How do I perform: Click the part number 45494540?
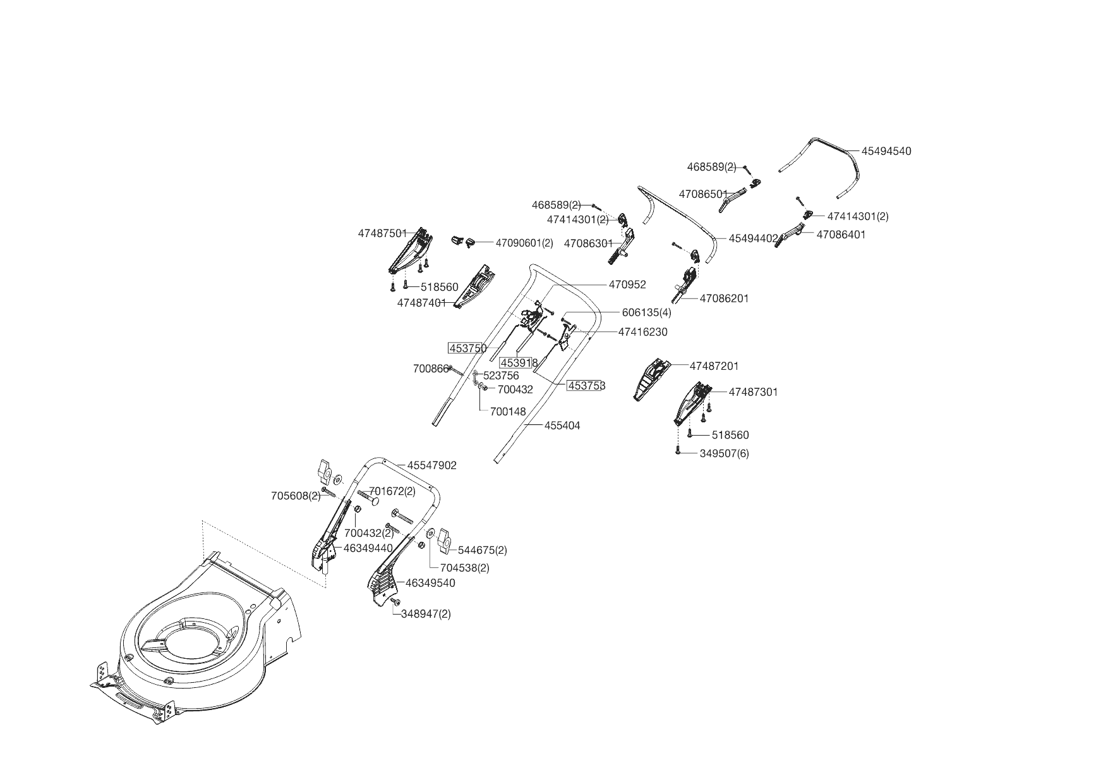coord(886,151)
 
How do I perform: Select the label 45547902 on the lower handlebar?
coord(431,465)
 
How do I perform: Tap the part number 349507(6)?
coord(724,453)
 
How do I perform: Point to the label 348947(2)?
coord(426,614)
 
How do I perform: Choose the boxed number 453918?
coord(518,363)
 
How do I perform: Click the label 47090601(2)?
coord(524,243)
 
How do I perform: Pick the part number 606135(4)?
coord(646,312)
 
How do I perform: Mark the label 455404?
coord(562,426)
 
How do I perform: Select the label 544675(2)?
coord(482,550)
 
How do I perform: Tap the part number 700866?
coord(430,369)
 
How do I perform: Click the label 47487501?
coord(382,233)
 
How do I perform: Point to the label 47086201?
coord(724,298)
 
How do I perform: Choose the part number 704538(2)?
coord(464,568)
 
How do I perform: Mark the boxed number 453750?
coord(467,348)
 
